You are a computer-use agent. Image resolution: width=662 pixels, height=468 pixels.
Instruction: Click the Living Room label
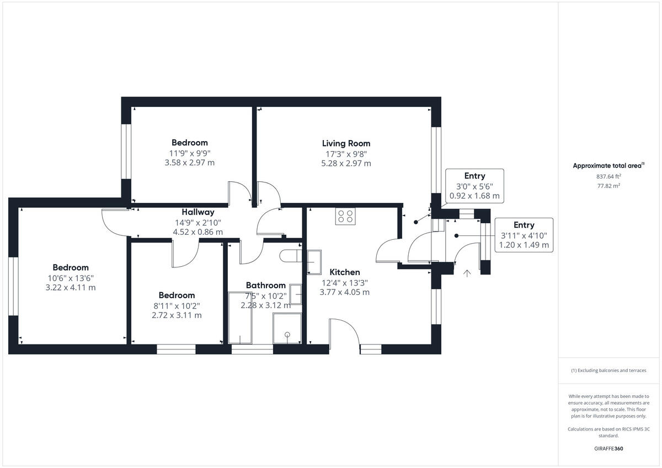(x=346, y=143)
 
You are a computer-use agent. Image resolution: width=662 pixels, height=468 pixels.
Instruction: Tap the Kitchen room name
(x=344, y=272)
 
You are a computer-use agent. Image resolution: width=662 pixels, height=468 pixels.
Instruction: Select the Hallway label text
(x=197, y=212)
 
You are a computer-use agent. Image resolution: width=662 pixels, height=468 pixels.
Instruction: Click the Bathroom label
(x=265, y=285)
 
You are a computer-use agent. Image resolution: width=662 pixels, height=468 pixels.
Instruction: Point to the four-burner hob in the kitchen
(x=345, y=216)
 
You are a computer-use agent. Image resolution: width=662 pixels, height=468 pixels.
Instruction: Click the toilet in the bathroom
(x=290, y=256)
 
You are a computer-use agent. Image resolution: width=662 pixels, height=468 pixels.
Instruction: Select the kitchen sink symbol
(x=314, y=262)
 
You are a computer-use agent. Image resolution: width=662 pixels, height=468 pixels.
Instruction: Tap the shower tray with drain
(x=287, y=329)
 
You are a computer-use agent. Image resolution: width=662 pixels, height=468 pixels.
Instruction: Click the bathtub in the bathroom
(x=240, y=318)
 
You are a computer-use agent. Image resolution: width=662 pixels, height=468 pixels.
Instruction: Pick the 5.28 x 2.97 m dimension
(x=346, y=164)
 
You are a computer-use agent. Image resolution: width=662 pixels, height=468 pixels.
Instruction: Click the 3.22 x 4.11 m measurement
(x=71, y=288)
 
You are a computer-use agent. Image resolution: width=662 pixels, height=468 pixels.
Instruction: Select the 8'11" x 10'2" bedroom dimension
(x=177, y=305)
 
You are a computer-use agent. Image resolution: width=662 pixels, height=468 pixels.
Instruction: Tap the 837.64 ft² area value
(x=608, y=177)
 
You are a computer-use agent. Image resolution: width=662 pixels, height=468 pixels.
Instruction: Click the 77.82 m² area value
(x=608, y=187)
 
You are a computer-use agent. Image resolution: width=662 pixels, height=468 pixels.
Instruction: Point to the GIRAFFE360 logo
(x=608, y=449)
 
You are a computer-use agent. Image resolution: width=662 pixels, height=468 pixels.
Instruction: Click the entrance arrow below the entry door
(x=467, y=273)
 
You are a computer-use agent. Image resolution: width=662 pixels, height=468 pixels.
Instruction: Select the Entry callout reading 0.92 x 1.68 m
(x=474, y=186)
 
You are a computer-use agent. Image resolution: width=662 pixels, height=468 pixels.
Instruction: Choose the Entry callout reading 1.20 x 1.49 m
(x=524, y=235)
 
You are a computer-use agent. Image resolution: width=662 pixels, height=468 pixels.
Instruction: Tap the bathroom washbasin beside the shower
(x=296, y=294)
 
